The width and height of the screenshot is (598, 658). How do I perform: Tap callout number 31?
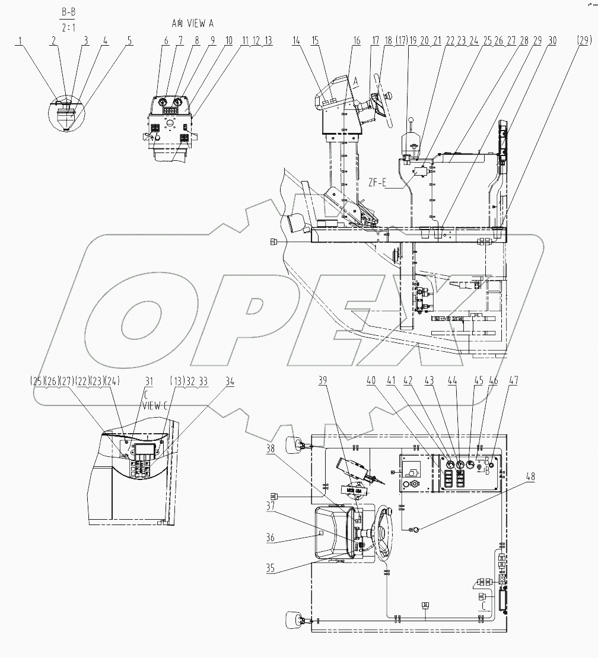pyautogui.click(x=148, y=383)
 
